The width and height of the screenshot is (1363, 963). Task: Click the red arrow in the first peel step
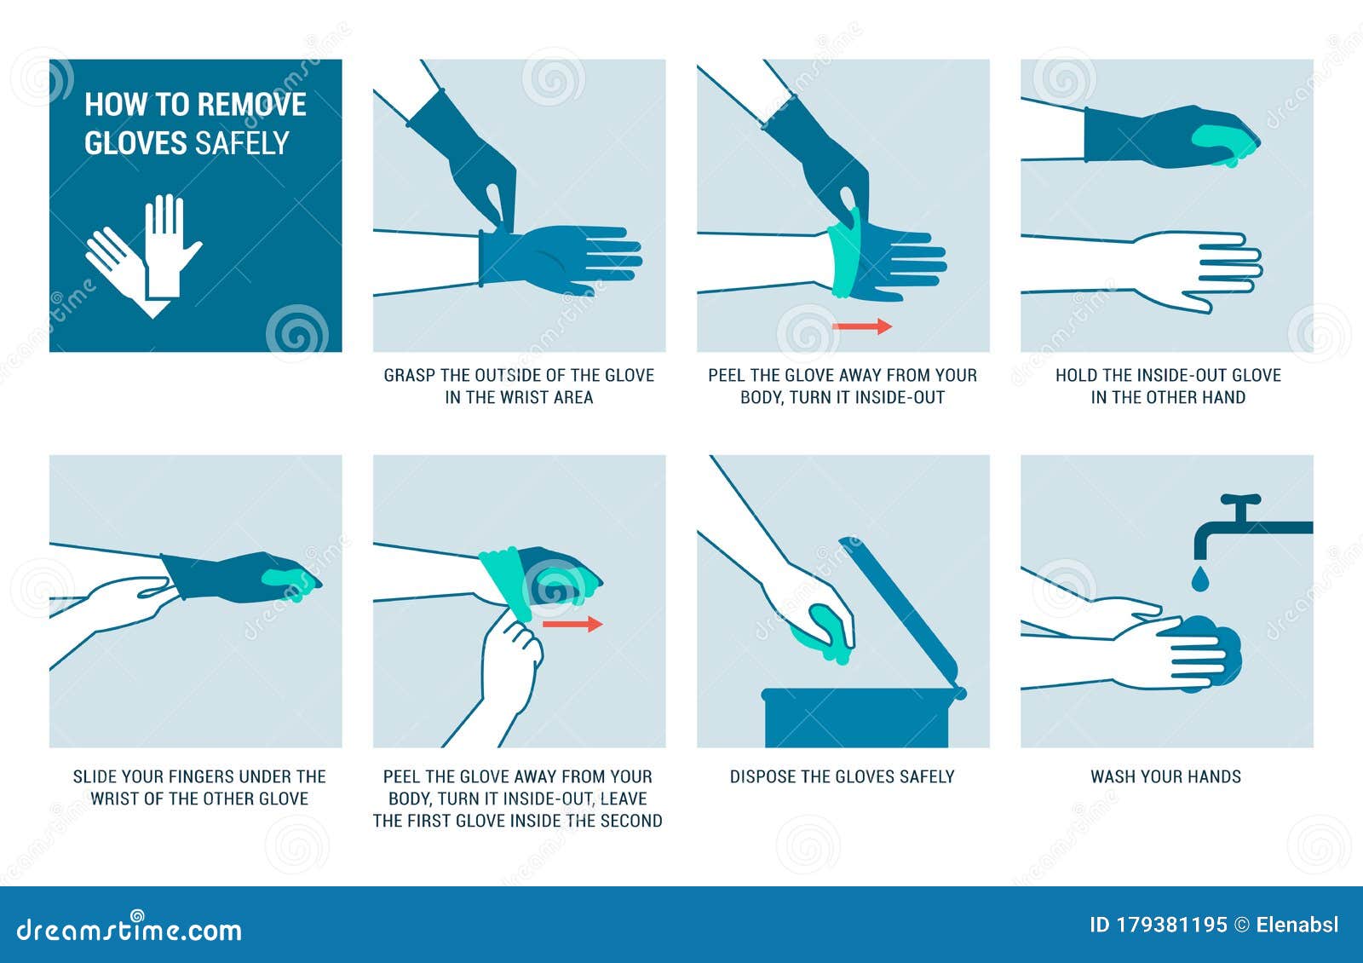861,326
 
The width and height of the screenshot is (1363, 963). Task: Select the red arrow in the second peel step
572,625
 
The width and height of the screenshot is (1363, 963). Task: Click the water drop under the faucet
1199,580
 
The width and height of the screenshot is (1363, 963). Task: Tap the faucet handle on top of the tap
1239,500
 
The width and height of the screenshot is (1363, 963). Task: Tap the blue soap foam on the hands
1214,649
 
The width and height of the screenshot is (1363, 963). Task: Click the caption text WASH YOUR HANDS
1165,776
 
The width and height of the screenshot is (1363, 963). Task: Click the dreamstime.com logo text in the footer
129,929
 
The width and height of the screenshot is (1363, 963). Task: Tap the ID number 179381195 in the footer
1170,926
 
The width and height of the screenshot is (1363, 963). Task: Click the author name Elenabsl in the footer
1297,926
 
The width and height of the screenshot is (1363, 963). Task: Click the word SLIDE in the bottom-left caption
95,776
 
